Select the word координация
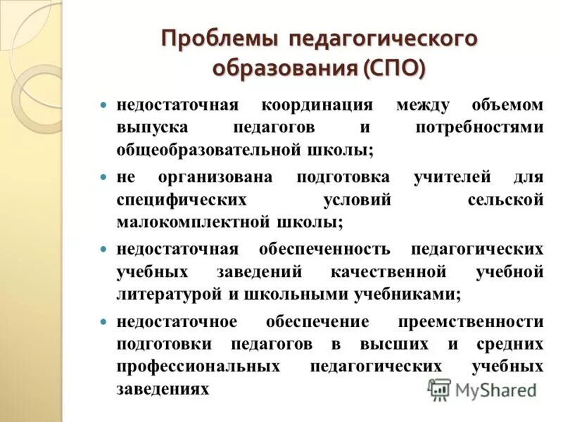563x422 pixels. click(317, 105)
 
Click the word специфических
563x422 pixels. click(182, 200)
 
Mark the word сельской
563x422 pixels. click(505, 200)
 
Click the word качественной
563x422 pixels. click(388, 272)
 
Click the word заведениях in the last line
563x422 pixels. click(163, 389)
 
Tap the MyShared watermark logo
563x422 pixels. click(482, 389)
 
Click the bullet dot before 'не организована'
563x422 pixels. click(103, 177)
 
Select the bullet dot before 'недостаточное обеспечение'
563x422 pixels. click(103, 321)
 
